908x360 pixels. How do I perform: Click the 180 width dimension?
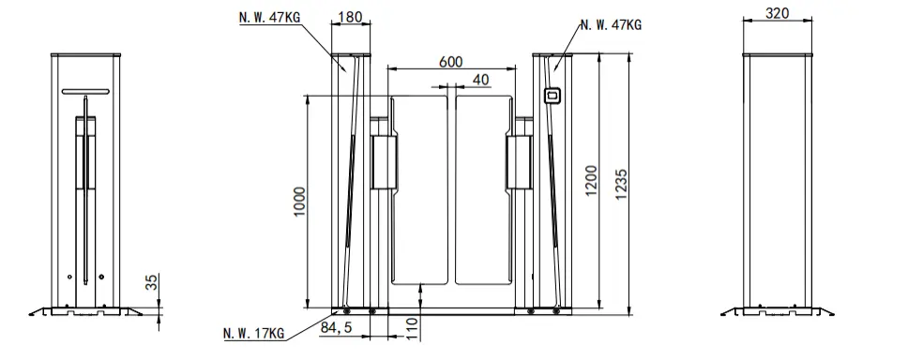coord(350,16)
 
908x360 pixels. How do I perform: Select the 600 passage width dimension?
coord(450,61)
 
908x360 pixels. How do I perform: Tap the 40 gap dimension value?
coord(480,80)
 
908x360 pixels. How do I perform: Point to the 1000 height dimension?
coord(299,202)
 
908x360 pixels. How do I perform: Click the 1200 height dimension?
coord(591,181)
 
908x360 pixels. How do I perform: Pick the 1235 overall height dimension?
coord(621,185)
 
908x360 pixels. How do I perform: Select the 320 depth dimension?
coord(777,13)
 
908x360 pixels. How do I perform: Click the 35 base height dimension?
coord(151,282)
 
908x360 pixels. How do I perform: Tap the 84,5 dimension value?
coord(336,327)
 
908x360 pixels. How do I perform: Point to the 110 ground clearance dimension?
coord(412,328)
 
